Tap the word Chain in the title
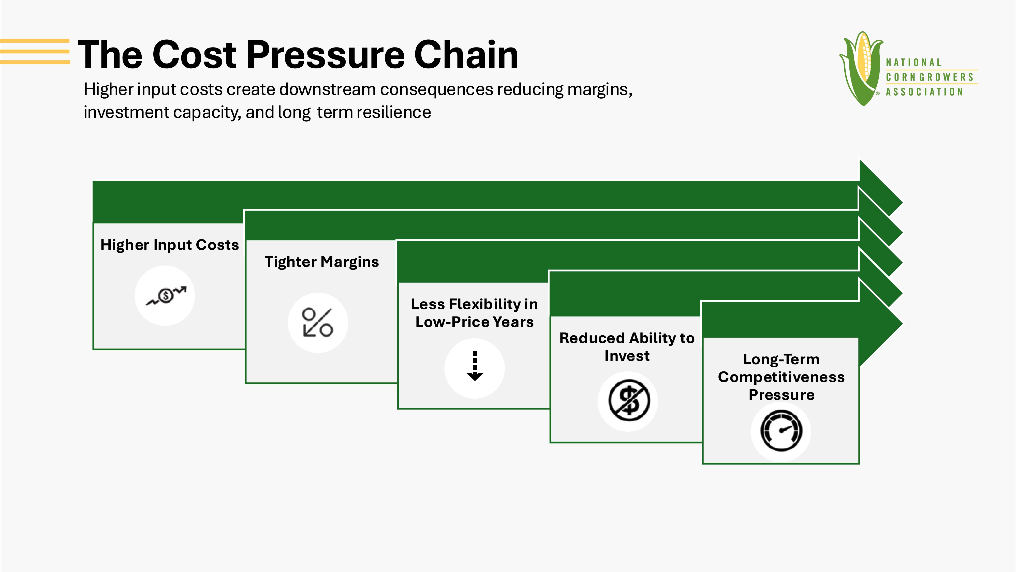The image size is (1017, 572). (x=466, y=55)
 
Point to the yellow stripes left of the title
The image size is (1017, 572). (x=35, y=51)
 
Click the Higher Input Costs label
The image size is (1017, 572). (x=170, y=245)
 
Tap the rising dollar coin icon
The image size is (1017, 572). (x=166, y=295)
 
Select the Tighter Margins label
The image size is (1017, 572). (x=322, y=262)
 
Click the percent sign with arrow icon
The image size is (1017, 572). (x=317, y=322)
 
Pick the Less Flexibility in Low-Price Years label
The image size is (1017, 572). (x=475, y=313)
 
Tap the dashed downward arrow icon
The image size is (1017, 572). (x=475, y=366)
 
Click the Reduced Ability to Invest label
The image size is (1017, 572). (x=627, y=347)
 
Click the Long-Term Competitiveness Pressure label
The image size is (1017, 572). (x=781, y=377)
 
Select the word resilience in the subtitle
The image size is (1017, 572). (x=394, y=113)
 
